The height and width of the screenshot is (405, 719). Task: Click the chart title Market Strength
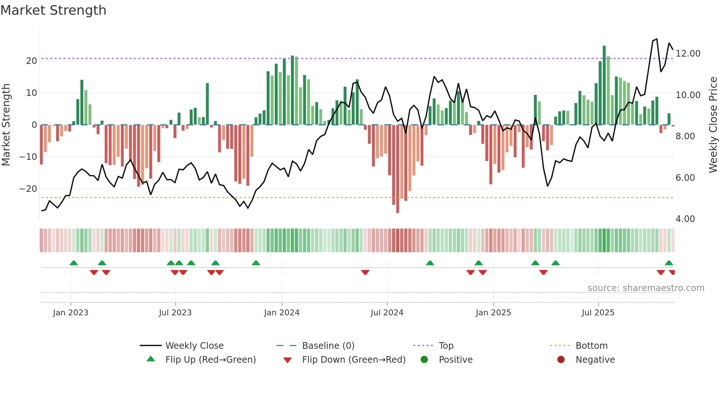pyautogui.click(x=53, y=10)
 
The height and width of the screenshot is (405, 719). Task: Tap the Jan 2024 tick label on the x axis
pyautogui.click(x=281, y=313)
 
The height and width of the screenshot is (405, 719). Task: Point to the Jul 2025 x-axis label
pyautogui.click(x=598, y=313)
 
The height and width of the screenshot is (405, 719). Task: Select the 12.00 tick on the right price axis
pyautogui.click(x=688, y=54)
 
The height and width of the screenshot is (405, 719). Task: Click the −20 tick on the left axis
pyautogui.click(x=28, y=189)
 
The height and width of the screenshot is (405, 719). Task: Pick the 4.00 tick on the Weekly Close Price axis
pyautogui.click(x=685, y=219)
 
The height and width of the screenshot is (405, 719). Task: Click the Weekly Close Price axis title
pyautogui.click(x=713, y=125)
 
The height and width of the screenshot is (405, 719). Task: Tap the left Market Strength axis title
pyautogui.click(x=6, y=125)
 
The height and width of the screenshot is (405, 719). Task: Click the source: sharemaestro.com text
pyautogui.click(x=646, y=288)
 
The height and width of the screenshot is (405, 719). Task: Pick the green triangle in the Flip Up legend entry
pyautogui.click(x=151, y=359)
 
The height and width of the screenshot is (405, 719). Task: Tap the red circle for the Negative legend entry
pyautogui.click(x=561, y=359)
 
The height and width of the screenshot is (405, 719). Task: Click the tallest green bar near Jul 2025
pyautogui.click(x=604, y=85)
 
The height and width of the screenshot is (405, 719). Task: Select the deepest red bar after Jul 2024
pyautogui.click(x=397, y=169)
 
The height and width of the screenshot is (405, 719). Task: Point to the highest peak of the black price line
pyautogui.click(x=657, y=39)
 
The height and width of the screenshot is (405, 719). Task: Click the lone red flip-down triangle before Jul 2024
pyautogui.click(x=365, y=272)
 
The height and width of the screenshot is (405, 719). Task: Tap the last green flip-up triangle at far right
pyautogui.click(x=669, y=263)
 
